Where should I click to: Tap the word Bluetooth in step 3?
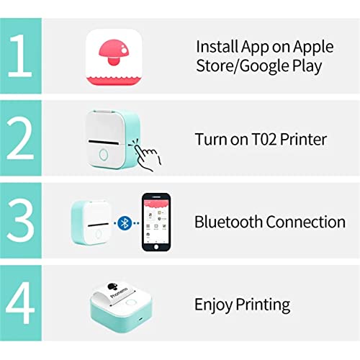tap(228, 221)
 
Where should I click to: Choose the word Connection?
tap(305, 221)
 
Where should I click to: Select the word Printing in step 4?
tap(262, 305)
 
